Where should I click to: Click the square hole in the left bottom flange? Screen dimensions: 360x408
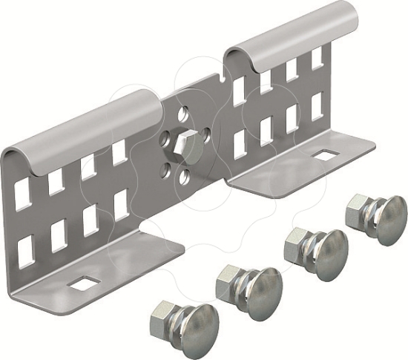[x=82, y=283]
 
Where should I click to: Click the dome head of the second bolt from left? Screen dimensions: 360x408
[x=256, y=285]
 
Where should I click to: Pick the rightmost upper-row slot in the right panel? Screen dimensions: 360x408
[x=317, y=59]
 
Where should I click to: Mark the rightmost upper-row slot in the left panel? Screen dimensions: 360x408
[x=119, y=153]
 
